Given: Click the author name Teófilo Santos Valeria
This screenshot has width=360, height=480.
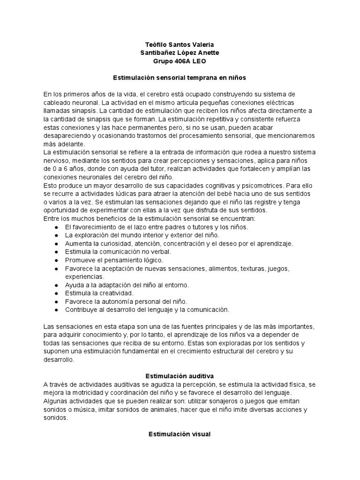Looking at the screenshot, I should click(x=180, y=44).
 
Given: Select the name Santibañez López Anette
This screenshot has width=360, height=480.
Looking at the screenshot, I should click(x=180, y=52).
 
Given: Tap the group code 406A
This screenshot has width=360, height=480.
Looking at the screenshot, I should click(x=180, y=61).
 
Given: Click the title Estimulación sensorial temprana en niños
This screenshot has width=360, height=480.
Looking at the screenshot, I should click(x=180, y=77).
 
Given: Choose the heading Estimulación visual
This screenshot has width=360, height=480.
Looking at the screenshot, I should click(x=180, y=435).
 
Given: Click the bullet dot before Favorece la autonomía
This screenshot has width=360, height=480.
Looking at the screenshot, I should click(x=56, y=301).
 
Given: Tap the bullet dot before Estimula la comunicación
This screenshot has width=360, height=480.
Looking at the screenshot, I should click(x=56, y=251).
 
